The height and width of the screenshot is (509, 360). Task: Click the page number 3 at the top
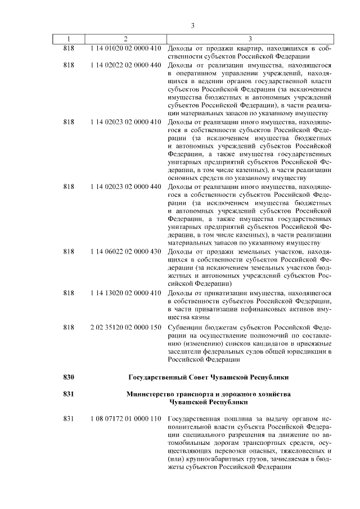(x=192, y=25)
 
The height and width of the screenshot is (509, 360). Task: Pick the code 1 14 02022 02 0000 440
(x=125, y=65)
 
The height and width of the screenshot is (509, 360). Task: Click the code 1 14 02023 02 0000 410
(x=125, y=121)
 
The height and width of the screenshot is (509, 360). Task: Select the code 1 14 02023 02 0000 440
(x=125, y=186)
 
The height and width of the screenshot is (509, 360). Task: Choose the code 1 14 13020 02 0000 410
(x=125, y=293)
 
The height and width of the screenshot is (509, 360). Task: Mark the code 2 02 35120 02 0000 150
(x=125, y=327)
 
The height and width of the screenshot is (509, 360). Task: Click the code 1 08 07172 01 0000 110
(x=125, y=420)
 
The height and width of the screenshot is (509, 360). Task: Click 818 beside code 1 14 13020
(x=69, y=293)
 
